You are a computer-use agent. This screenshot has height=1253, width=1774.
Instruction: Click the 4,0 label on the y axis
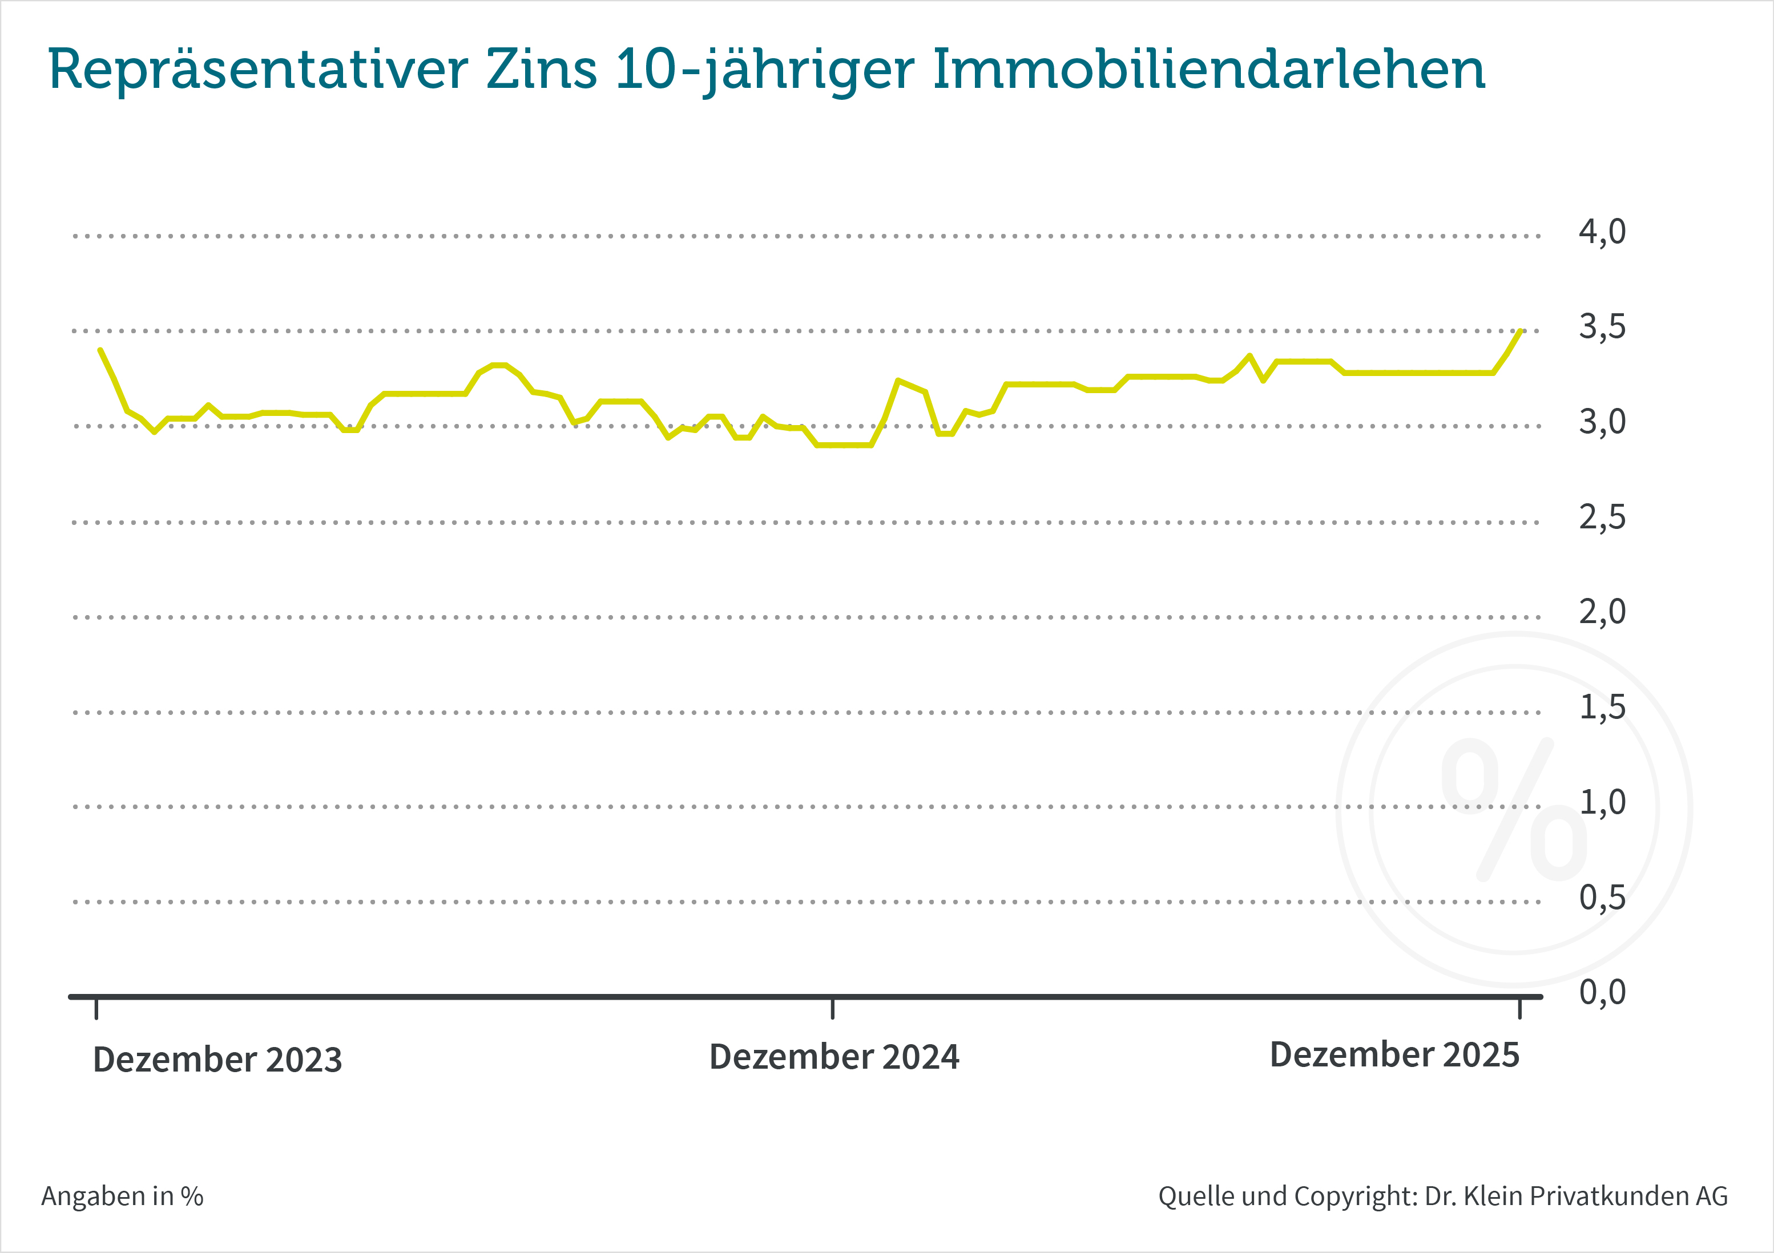point(1602,232)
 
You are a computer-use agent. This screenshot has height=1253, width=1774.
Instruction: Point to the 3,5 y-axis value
point(1602,327)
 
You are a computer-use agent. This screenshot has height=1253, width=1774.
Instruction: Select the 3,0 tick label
point(1602,422)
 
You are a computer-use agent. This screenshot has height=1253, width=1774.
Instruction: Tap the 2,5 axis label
point(1602,518)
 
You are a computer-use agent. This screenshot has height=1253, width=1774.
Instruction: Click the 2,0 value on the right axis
point(1602,612)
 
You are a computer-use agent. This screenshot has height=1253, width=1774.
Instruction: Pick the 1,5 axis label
point(1602,707)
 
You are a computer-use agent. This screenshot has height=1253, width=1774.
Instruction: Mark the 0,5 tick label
point(1602,898)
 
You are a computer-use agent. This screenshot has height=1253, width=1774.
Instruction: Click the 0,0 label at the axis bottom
point(1602,992)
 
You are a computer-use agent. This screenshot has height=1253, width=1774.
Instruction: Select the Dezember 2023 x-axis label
point(217,1060)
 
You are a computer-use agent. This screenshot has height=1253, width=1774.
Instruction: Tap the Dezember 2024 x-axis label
point(834,1057)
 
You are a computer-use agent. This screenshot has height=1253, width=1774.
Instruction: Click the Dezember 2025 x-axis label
point(1394,1054)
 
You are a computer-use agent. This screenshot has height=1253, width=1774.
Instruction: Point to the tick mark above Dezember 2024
point(832,1009)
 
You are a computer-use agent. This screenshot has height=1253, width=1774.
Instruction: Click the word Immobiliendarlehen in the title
point(1208,70)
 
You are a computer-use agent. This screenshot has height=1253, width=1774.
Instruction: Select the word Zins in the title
point(542,70)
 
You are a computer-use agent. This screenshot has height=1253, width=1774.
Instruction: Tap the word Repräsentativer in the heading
point(258,70)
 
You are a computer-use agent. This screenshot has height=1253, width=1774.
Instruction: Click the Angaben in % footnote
point(122,1196)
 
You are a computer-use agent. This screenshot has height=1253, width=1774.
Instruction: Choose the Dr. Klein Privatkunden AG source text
point(1575,1196)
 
